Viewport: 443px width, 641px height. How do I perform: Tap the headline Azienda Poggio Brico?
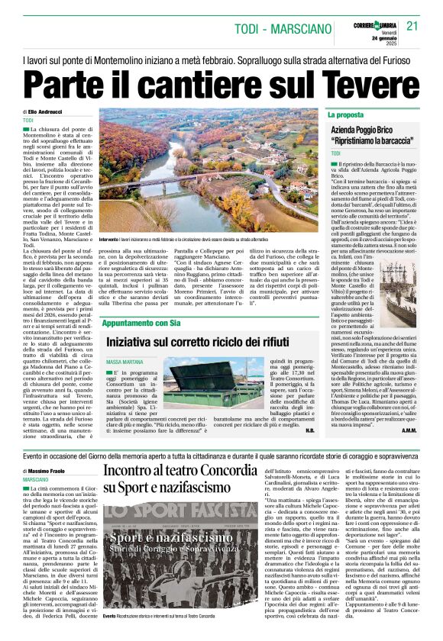click(x=375, y=131)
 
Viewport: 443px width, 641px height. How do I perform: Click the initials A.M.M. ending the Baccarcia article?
click(x=409, y=430)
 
